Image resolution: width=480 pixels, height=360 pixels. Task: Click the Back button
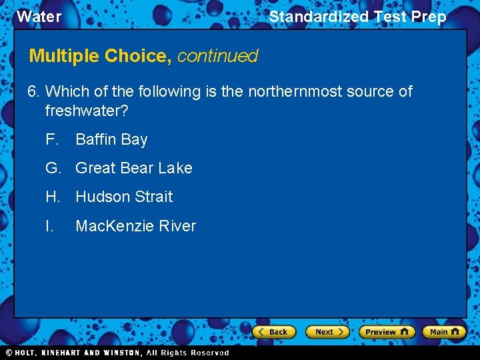tap(273, 331)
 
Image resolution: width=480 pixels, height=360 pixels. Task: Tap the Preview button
tap(387, 331)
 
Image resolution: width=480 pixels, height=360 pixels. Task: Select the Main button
tap(443, 331)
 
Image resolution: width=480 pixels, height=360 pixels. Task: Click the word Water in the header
tap(39, 17)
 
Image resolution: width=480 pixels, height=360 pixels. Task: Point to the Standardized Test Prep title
tap(357, 17)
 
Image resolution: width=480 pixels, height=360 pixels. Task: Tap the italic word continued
tap(217, 56)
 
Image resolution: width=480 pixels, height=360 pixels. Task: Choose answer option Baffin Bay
tap(111, 139)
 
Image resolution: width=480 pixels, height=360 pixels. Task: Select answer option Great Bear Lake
tap(133, 168)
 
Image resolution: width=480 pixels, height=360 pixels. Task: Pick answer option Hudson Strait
tap(124, 197)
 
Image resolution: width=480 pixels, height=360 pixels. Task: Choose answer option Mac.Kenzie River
tap(135, 226)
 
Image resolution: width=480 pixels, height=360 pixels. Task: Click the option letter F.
tap(52, 139)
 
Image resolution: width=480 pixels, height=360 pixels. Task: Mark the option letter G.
tap(53, 168)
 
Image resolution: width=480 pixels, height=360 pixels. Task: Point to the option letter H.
tap(53, 197)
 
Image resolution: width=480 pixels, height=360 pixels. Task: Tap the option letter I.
tap(49, 226)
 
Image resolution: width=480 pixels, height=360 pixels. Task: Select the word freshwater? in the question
tap(87, 110)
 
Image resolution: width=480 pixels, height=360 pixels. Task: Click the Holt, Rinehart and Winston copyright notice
tap(117, 353)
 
